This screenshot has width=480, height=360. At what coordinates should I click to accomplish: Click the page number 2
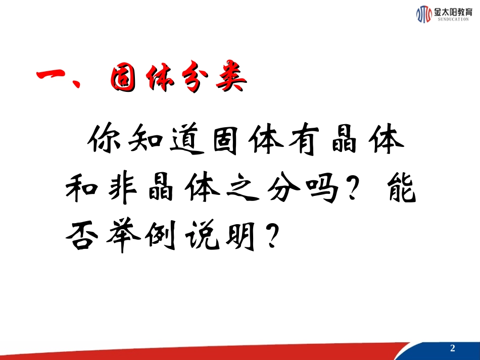click(x=452, y=349)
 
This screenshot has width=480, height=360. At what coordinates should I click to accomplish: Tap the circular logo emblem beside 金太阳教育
click(x=423, y=15)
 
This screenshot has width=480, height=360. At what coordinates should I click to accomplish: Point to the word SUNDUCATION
click(x=452, y=20)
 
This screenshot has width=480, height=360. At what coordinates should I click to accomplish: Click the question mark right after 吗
click(x=363, y=188)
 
